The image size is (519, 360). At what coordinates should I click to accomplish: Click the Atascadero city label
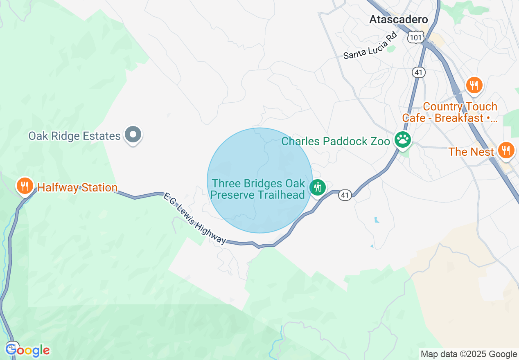398,19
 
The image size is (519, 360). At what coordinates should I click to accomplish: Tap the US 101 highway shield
415,37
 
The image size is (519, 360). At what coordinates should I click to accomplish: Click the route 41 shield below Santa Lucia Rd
419,72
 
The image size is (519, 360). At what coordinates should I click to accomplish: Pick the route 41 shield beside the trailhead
345,195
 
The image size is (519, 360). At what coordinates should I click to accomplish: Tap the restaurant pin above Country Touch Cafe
474,85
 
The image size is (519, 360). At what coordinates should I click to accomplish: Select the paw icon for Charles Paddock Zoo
403,140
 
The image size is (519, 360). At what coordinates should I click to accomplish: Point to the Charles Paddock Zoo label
336,142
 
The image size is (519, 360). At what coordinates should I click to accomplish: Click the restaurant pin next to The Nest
506,150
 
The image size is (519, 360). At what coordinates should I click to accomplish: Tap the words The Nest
471,152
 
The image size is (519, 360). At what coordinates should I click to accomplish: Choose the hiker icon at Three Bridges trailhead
318,187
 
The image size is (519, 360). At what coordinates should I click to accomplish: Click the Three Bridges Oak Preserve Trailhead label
258,189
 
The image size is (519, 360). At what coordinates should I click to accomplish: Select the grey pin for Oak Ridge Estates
133,135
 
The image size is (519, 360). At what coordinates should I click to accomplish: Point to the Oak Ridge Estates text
74,136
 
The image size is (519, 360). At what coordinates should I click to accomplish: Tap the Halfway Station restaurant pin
25,186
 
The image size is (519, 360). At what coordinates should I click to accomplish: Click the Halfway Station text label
77,188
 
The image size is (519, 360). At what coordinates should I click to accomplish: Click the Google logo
28,350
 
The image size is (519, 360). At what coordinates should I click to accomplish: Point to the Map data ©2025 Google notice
469,354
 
